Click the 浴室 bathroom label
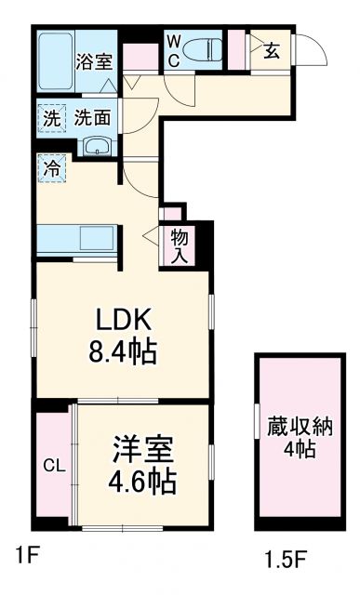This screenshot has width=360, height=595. click(94, 62)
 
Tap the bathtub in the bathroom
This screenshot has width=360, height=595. click(57, 60)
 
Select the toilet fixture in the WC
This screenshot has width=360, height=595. click(201, 49)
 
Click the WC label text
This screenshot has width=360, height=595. click(174, 49)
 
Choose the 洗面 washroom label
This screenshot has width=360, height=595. click(94, 119)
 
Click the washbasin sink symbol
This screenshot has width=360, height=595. click(96, 147)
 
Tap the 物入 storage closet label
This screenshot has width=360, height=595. click(180, 245)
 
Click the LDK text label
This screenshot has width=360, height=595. click(122, 321)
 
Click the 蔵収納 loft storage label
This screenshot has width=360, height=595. click(300, 429)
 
